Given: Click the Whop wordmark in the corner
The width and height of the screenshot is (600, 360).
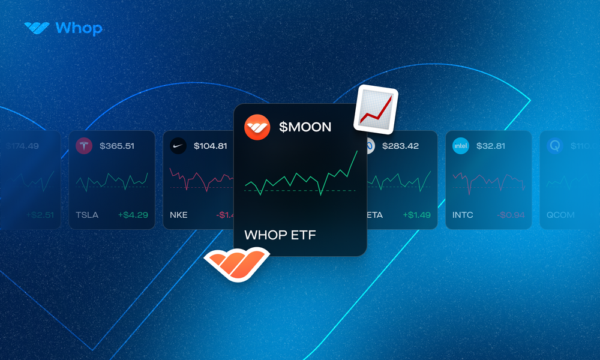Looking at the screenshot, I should coord(78,28).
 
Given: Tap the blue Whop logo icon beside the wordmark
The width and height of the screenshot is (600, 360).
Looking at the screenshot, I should coord(37,28).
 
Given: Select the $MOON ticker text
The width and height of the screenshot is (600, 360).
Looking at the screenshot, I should coord(305,127).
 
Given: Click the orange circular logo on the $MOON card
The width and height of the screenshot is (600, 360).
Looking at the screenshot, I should coord(257,127).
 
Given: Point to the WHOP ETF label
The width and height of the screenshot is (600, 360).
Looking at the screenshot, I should coord(280,235).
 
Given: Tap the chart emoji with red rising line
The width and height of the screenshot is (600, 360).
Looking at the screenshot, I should coord(376,110).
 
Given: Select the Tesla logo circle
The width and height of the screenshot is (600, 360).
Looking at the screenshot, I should coord(84,146).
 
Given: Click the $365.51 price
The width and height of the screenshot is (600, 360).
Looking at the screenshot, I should coord(117,146).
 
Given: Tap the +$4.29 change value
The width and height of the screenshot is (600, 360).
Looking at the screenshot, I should coord(133,215).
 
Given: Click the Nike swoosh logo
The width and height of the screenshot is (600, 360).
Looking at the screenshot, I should coord(178,146).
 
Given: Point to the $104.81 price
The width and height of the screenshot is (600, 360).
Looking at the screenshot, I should coord(210,146).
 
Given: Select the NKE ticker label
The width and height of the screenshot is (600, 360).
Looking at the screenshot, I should coord(179,215).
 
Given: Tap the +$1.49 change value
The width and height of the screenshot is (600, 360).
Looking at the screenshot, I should coord(416,215).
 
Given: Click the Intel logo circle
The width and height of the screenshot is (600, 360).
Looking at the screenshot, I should coord(461,146).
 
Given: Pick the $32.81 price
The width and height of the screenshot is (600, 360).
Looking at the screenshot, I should coord(491,146).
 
